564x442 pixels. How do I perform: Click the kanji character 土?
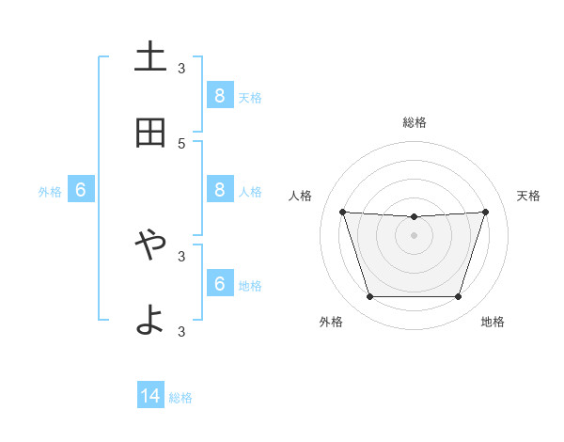150,57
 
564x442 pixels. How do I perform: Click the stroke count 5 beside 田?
181,143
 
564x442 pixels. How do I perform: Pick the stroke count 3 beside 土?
181,68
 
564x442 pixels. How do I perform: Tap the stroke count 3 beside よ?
181,331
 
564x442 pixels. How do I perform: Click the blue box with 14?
150,396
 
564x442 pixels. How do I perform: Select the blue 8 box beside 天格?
219,95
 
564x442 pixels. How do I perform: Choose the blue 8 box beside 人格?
219,189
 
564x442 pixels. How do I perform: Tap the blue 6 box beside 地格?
219,283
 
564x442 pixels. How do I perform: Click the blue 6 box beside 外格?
81,190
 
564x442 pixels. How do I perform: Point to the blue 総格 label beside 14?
180,398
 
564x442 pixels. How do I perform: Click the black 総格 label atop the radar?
414,122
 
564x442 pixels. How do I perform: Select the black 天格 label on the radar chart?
528,196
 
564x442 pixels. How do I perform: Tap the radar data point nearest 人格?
342,212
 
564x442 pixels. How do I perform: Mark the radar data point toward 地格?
458,296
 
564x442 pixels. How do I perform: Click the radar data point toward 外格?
369,296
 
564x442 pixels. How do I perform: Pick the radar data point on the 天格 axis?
485,212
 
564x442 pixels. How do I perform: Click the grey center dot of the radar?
414,235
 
